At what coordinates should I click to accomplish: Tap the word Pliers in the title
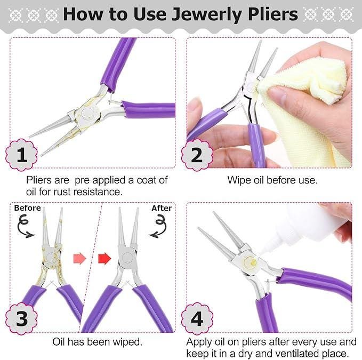[273, 14]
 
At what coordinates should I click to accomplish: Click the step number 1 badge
[21, 155]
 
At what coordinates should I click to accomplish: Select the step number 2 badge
[197, 155]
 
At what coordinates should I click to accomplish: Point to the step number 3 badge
[21, 319]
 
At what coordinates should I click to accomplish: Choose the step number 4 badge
[197, 319]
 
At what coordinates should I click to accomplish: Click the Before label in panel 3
[27, 208]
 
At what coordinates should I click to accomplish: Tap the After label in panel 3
[162, 208]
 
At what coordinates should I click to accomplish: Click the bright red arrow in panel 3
[104, 258]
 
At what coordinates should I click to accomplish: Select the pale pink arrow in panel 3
[79, 258]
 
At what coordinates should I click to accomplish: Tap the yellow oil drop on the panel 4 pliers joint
[253, 262]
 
